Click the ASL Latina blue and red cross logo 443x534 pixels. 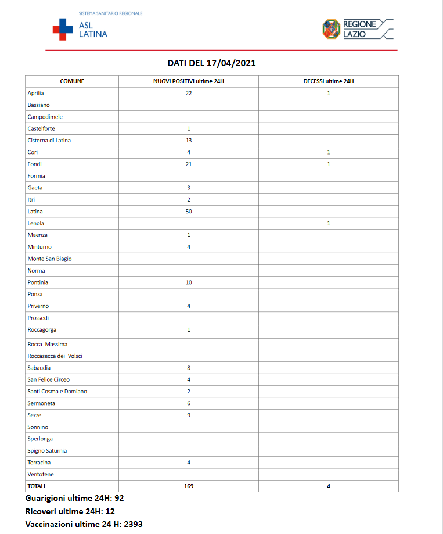[63, 29]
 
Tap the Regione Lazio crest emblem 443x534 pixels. [331, 29]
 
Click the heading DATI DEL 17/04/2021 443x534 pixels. [211, 63]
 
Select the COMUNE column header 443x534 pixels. [72, 81]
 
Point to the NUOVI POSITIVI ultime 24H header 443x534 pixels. [188, 81]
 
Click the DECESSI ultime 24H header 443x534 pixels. [328, 81]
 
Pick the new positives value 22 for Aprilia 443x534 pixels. [189, 93]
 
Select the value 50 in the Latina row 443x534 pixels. [189, 212]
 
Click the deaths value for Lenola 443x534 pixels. [329, 223]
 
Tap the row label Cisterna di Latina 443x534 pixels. [49, 141]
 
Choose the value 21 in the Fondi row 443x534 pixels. [189, 164]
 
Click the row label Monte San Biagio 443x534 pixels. [49, 259]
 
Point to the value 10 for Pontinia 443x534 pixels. [189, 282]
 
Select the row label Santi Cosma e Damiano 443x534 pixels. [57, 392]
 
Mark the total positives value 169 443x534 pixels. [189, 486]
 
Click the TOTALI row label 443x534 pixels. [36, 486]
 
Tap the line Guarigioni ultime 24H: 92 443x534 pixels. [75, 499]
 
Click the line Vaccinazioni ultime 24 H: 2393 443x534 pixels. [84, 524]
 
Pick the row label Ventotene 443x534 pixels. [41, 474]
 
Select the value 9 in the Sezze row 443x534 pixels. [189, 415]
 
